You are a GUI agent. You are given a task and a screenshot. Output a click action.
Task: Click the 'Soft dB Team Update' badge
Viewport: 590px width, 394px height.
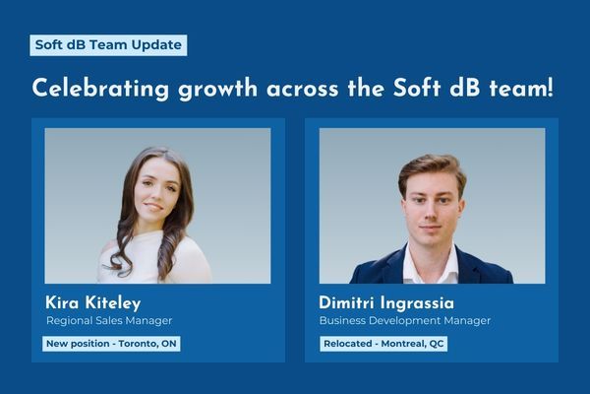pos(108,45)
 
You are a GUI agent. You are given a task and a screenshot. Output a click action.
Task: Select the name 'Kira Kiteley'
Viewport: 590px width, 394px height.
pos(93,303)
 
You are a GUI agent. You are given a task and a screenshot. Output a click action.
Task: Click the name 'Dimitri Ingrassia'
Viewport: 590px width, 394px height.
pos(386,302)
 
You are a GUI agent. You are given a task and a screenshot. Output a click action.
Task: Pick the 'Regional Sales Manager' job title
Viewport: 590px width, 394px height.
pos(109,320)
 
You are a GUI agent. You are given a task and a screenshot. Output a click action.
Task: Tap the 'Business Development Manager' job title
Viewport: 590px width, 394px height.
pos(405,320)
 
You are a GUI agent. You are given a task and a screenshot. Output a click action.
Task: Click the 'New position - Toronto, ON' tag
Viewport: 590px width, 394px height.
pos(111,344)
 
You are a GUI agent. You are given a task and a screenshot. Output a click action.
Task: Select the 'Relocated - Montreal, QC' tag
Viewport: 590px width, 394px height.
pos(383,344)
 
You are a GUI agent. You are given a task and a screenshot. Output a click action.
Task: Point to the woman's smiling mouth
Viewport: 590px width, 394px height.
pos(154,207)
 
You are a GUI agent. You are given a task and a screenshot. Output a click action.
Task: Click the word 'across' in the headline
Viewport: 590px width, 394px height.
pos(303,90)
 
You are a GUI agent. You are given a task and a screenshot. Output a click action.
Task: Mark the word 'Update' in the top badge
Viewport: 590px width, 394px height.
pos(156,45)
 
